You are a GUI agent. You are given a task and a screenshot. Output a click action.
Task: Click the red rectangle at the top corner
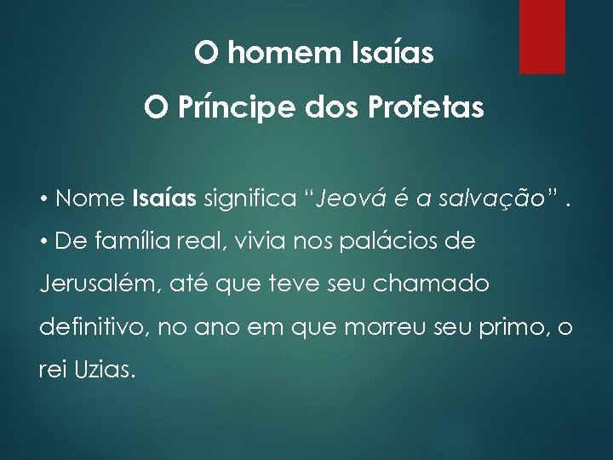(x=542, y=37)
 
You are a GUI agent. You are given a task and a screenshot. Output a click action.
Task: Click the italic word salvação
(x=484, y=199)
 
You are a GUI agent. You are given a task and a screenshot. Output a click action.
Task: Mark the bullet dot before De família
(x=43, y=242)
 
